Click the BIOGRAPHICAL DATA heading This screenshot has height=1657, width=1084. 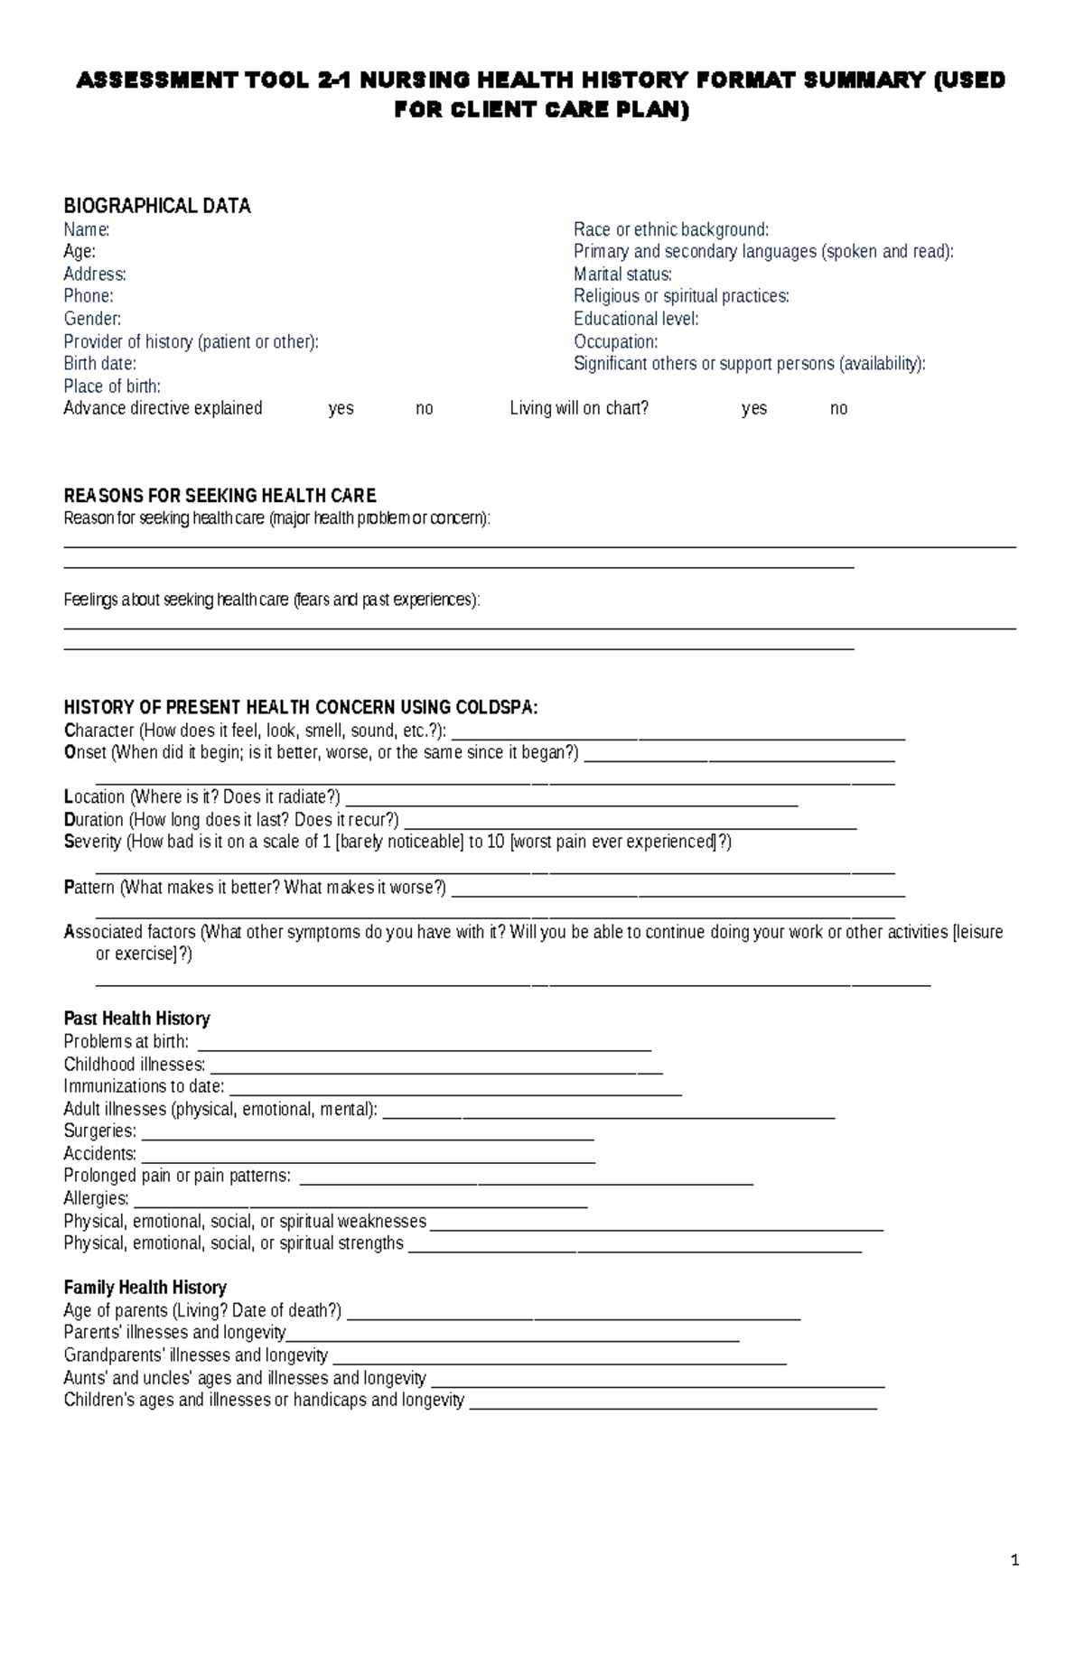click(x=156, y=206)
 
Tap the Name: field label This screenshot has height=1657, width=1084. click(x=86, y=229)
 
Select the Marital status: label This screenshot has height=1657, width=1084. click(x=622, y=275)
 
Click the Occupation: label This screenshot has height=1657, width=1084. click(x=615, y=341)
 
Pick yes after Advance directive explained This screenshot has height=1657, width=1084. click(x=341, y=408)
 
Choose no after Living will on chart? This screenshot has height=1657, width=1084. click(x=838, y=408)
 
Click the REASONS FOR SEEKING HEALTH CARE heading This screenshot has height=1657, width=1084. click(x=220, y=496)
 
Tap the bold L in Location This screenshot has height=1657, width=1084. click(x=68, y=797)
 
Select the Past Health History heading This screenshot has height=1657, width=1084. click(x=136, y=1019)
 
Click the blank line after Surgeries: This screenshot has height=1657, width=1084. click(x=368, y=1138)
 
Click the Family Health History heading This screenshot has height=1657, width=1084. click(x=145, y=1288)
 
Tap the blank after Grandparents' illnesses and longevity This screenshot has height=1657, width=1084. click(x=559, y=1362)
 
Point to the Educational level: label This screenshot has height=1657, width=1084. click(x=636, y=319)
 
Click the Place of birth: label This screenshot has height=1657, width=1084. click(x=112, y=386)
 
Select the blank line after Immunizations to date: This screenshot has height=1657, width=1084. click(x=455, y=1093)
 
